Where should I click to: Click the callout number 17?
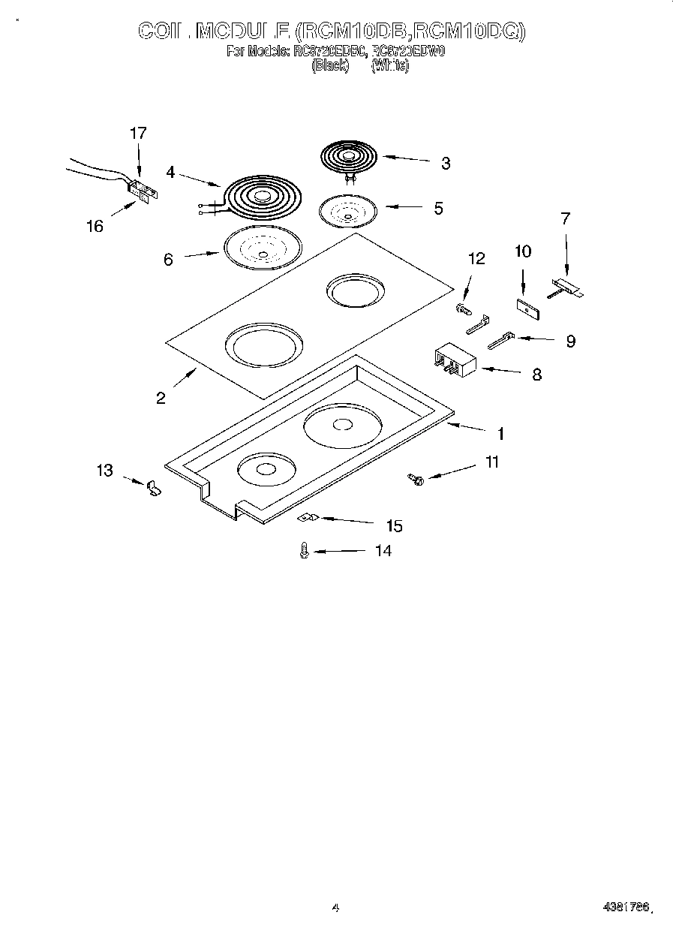pos(138,134)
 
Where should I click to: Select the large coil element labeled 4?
pos(259,197)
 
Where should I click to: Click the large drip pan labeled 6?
pos(262,248)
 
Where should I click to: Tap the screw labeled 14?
pos(305,551)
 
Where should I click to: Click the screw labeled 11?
pos(415,478)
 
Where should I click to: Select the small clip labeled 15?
pos(308,518)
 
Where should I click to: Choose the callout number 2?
pos(161,398)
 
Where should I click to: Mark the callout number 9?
pos(571,341)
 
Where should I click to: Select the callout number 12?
pos(476,259)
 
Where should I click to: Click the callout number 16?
pos(95,226)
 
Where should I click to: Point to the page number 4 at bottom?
pos(336,908)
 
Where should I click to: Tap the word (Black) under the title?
pos(330,65)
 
